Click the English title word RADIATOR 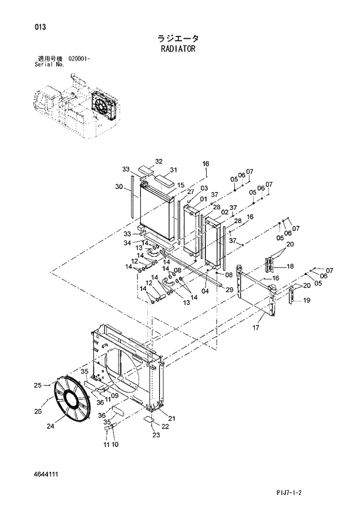coord(177,49)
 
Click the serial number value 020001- coord(79,59)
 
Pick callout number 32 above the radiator coord(159,161)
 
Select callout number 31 coord(173,171)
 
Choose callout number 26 coord(38,411)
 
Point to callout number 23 coord(156,435)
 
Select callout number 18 coord(290,266)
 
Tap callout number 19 coord(306,300)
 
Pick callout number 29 coord(230,290)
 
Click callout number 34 coord(127,243)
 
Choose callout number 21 coord(171,418)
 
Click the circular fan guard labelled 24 coord(70,400)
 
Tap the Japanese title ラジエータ coord(178,38)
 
